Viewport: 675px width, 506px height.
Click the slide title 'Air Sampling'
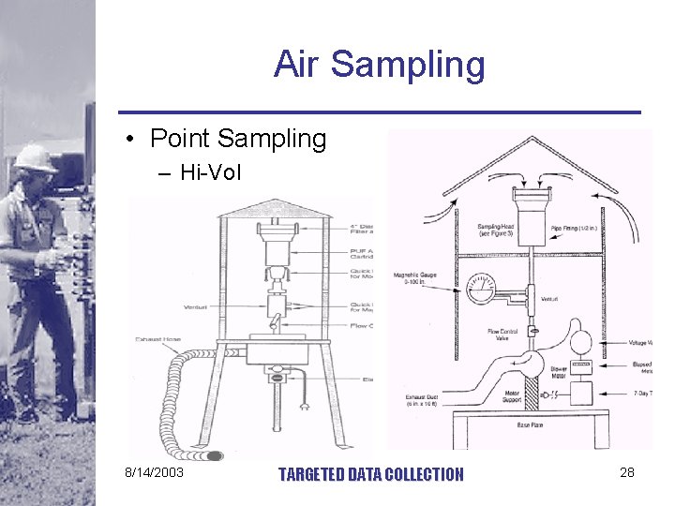click(380, 65)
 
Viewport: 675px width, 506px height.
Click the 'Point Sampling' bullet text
click(238, 139)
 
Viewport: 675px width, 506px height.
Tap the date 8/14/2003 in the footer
click(155, 472)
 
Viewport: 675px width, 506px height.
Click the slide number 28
click(626, 472)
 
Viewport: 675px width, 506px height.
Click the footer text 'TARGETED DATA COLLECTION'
click(371, 474)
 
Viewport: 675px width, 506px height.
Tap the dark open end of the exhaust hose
click(215, 456)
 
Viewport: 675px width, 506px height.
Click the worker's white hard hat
click(35, 156)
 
